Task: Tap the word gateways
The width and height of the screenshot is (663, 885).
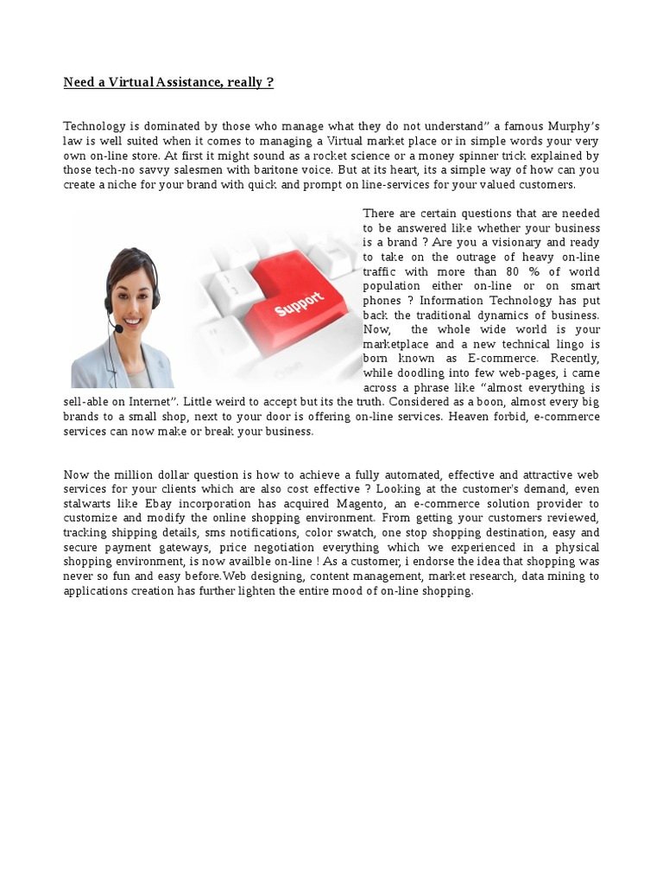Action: click(180, 548)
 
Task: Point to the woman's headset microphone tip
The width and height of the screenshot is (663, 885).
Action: click(118, 328)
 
